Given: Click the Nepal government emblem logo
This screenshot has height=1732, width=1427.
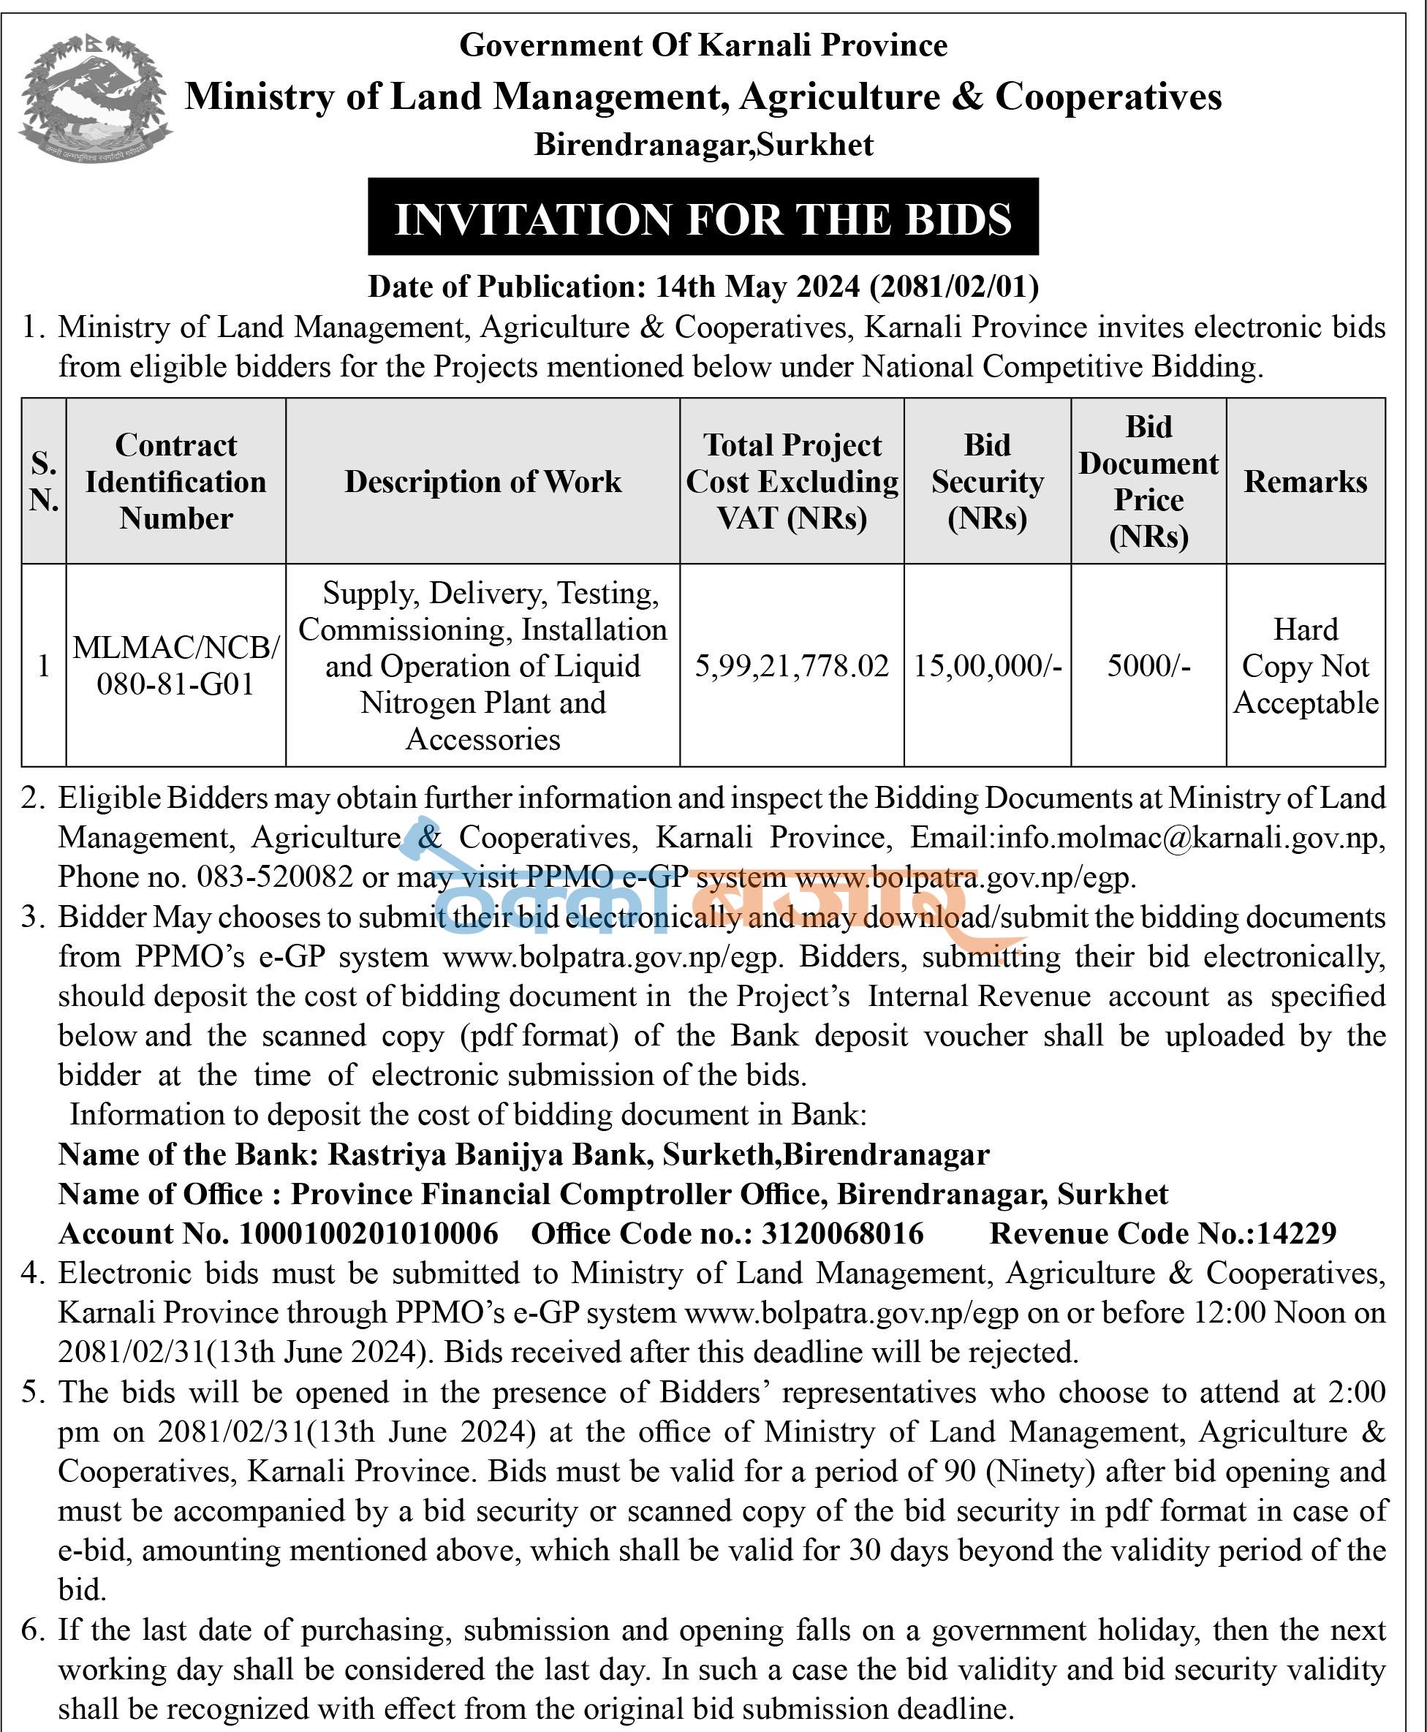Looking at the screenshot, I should point(95,97).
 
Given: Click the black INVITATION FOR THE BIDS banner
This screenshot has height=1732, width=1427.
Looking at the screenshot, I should point(703,218).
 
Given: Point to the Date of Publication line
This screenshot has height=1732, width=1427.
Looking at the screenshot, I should point(703,286).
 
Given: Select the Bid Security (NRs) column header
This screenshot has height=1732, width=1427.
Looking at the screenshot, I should point(986,482).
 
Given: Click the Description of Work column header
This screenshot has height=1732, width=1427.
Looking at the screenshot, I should point(482,482).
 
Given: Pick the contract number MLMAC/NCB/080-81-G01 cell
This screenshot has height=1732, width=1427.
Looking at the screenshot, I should point(176,666).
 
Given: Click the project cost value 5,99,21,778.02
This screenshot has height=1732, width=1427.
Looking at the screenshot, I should point(792,666).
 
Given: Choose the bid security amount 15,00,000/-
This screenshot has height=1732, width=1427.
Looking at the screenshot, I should point(987,666).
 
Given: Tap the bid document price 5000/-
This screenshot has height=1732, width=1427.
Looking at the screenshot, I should point(1148,666).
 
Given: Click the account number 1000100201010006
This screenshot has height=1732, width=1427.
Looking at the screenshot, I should point(368,1233).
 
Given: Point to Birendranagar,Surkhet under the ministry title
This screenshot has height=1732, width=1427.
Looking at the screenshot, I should point(704,145).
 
